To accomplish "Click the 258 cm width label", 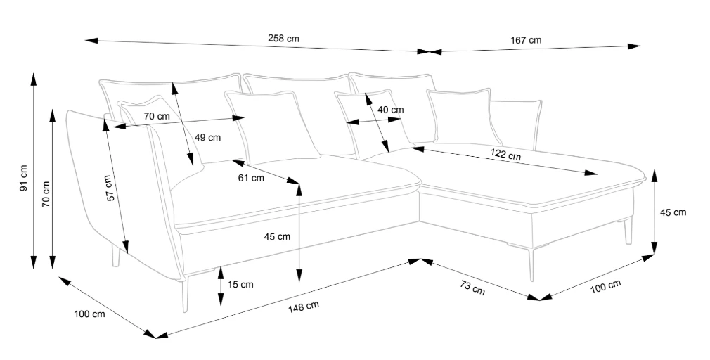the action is tap(283, 39).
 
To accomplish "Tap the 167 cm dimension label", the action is tap(526, 40).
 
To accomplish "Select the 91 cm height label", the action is tap(23, 177).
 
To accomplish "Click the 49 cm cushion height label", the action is tap(207, 137).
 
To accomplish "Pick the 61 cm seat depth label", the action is tap(251, 178).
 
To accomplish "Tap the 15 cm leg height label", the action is tap(240, 284).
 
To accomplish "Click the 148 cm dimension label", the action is tap(304, 307).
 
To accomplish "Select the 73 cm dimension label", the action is tap(472, 288).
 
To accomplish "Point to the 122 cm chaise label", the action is tap(505, 155).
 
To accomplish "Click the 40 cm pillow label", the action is tap(390, 110).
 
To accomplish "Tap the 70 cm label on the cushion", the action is tap(157, 117).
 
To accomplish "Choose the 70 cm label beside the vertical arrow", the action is tap(46, 195).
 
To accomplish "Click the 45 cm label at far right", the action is tap(673, 212).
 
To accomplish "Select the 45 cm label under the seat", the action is tap(277, 236).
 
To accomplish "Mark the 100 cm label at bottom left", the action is tap(90, 314).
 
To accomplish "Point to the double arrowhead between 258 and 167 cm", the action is tap(430, 51).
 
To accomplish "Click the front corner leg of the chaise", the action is tap(531, 264).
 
